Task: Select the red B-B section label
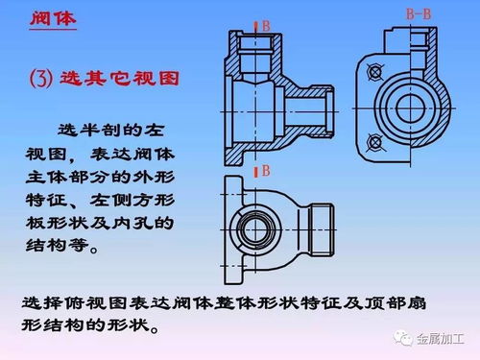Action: [419, 13]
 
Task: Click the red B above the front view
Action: [264, 26]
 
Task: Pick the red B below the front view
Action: [264, 170]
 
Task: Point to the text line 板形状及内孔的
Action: [96, 224]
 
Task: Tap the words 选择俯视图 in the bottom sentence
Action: [67, 302]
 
